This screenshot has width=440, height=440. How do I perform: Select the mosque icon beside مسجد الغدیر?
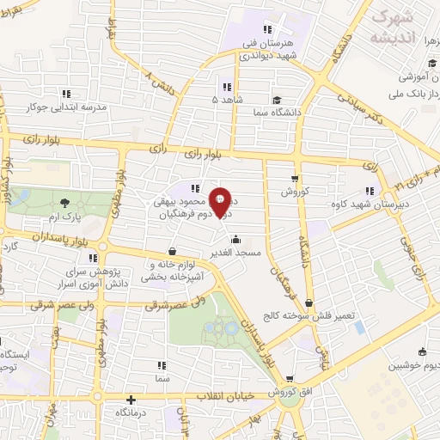236,241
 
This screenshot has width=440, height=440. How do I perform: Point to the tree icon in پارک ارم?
66,204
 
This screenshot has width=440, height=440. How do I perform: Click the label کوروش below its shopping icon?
295,192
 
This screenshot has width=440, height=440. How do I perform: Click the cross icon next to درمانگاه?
131,400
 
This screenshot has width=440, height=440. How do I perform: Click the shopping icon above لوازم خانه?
174,251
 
